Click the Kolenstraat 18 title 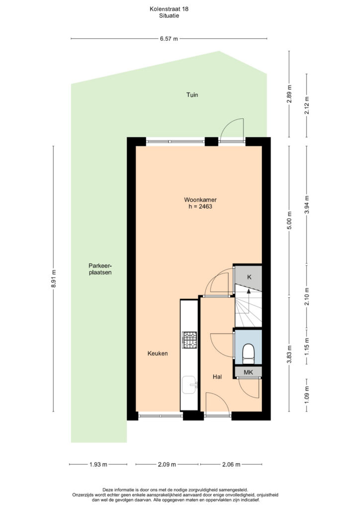pos(169,9)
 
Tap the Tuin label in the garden pos(192,95)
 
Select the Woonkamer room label pos(200,200)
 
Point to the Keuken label pos(158,353)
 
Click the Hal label pos(217,377)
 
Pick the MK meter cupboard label pos(248,372)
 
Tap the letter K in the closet pos(249,277)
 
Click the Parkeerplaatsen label pos(100,269)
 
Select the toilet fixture pos(249,354)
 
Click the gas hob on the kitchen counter pos(189,340)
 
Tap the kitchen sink pos(189,385)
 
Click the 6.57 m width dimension pos(169,39)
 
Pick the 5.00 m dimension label pos(289,220)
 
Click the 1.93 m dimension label pos(98,465)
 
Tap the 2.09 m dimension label pos(167,465)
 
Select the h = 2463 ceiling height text pos(200,206)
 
